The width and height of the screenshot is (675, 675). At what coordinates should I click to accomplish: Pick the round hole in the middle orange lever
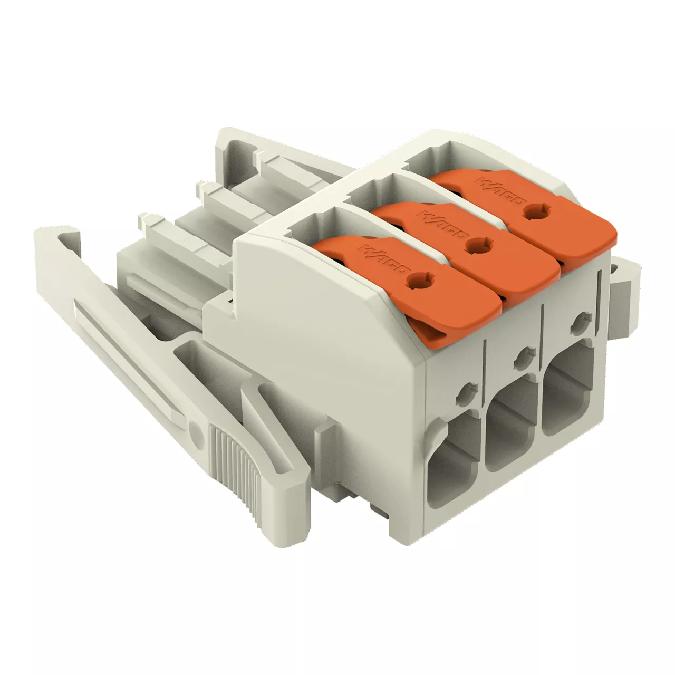pos(481,246)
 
